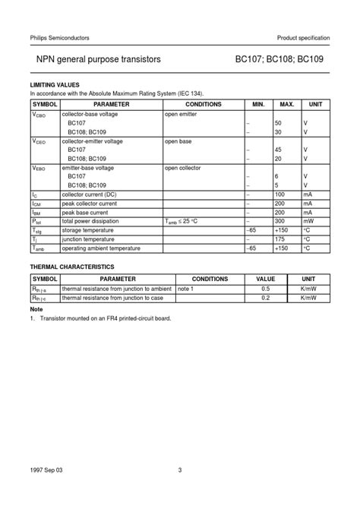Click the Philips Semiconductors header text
coord(60,37)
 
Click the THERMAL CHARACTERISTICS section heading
coord(72,267)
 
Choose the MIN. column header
coord(257,103)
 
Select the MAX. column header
coord(286,103)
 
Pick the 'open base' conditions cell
coord(178,141)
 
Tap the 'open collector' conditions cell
coord(183,167)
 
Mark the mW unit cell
coord(308,222)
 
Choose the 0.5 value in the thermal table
coord(265,289)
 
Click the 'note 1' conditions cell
coord(185,289)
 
